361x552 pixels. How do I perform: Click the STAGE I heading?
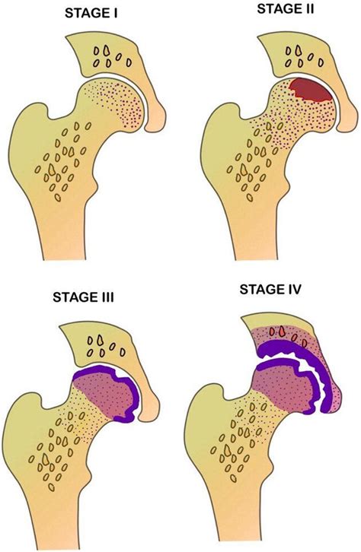(x=91, y=14)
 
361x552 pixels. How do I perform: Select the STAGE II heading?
(x=286, y=9)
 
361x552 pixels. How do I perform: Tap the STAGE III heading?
(x=83, y=297)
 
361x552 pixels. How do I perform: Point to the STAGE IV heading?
(x=270, y=290)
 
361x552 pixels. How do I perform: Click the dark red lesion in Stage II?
(x=310, y=90)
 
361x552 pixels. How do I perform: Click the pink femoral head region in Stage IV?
(x=282, y=387)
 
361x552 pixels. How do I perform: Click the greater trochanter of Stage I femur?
(x=28, y=123)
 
